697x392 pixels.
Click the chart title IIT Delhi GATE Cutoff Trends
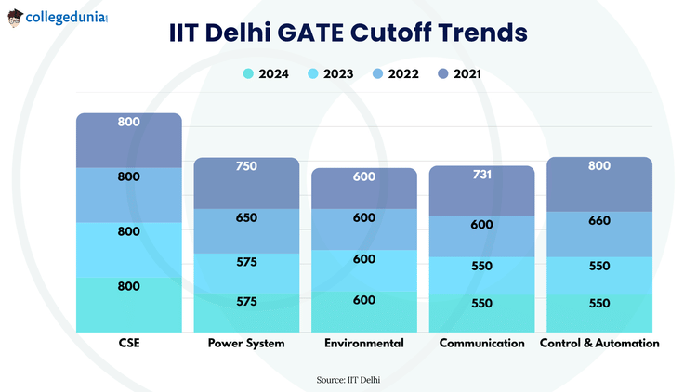pyautogui.click(x=348, y=33)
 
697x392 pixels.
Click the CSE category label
pyautogui.click(x=128, y=343)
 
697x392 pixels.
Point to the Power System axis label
pyautogui.click(x=246, y=343)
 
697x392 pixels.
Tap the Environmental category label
pyautogui.click(x=363, y=343)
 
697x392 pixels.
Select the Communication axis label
pyautogui.click(x=481, y=343)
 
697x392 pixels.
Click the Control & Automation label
pyautogui.click(x=599, y=343)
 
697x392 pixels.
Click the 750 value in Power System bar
pyautogui.click(x=246, y=166)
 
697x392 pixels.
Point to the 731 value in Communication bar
pyautogui.click(x=481, y=175)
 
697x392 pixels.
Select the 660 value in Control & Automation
pyautogui.click(x=599, y=221)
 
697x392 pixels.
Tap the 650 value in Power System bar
pyautogui.click(x=246, y=217)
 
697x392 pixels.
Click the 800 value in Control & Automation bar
pyautogui.click(x=599, y=166)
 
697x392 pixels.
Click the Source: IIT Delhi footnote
pyautogui.click(x=348, y=379)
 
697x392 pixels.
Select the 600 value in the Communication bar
pyautogui.click(x=481, y=224)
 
